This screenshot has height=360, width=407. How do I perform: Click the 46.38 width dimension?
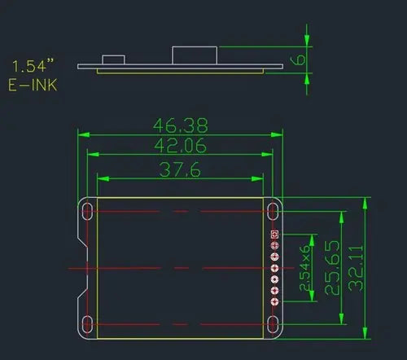point(181,125)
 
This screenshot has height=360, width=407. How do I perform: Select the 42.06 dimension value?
point(181,146)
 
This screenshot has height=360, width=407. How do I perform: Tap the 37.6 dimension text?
point(180,169)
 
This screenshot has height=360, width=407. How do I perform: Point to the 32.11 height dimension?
point(356,268)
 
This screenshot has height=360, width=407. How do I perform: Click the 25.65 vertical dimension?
point(332,268)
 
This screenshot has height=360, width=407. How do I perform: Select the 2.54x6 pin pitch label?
point(304,268)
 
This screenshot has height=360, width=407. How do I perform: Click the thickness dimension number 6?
point(298,59)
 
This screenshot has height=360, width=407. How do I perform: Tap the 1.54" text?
point(33,66)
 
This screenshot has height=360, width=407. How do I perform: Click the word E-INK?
point(33,85)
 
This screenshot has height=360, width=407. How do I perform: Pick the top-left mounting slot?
point(87,211)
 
